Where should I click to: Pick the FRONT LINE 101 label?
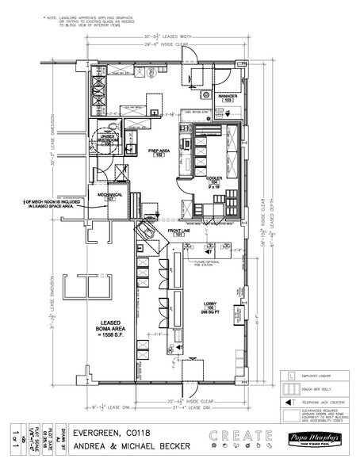174,233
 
